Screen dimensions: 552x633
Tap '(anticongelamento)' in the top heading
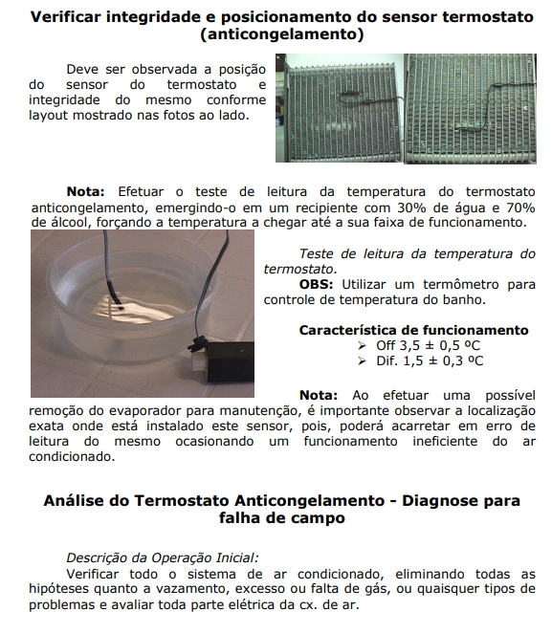click(282, 33)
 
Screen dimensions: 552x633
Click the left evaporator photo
click(340, 108)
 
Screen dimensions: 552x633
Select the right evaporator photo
click(471, 109)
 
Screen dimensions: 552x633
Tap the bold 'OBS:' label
click(316, 284)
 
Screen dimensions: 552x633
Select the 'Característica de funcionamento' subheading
click(414, 330)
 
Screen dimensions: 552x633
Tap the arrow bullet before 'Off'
click(362, 345)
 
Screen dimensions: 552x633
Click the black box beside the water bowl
click(231, 362)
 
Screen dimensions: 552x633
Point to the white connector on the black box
click(199, 360)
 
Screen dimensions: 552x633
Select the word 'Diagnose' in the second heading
click(432, 501)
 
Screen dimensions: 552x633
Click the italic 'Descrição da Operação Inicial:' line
click(163, 557)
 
